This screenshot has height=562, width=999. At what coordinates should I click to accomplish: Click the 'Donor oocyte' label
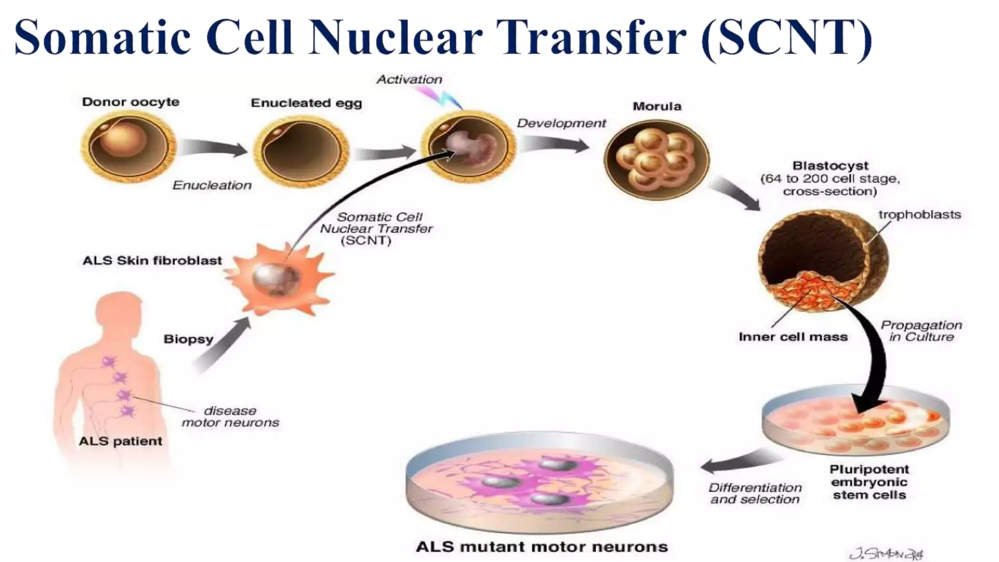coord(131,102)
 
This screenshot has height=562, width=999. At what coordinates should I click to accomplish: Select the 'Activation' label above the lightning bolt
coord(409,80)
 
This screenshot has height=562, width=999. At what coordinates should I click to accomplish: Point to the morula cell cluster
coord(657,159)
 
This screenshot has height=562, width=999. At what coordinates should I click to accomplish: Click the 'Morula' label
coord(657,106)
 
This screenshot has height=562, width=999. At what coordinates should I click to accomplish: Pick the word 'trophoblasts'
coord(919,215)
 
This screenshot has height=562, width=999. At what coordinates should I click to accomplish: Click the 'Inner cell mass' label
coord(793,337)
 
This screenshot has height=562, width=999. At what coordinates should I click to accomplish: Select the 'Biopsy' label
coord(188,339)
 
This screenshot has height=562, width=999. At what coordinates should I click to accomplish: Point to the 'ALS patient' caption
coord(120,441)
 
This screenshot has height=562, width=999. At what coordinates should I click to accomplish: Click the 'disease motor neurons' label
coord(230,417)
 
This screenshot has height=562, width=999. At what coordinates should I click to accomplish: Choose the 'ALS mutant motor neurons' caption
coord(541,547)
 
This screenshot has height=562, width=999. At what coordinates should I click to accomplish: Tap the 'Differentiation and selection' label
coord(755,493)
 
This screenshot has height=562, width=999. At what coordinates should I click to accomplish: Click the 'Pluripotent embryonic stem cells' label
coord(869,482)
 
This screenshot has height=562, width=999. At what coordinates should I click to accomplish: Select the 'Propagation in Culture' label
coord(921,331)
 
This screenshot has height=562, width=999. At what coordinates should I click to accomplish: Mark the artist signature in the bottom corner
coord(886,553)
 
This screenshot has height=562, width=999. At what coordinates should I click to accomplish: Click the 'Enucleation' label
coord(212,185)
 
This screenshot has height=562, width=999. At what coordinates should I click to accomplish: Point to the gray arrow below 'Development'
coord(554,144)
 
